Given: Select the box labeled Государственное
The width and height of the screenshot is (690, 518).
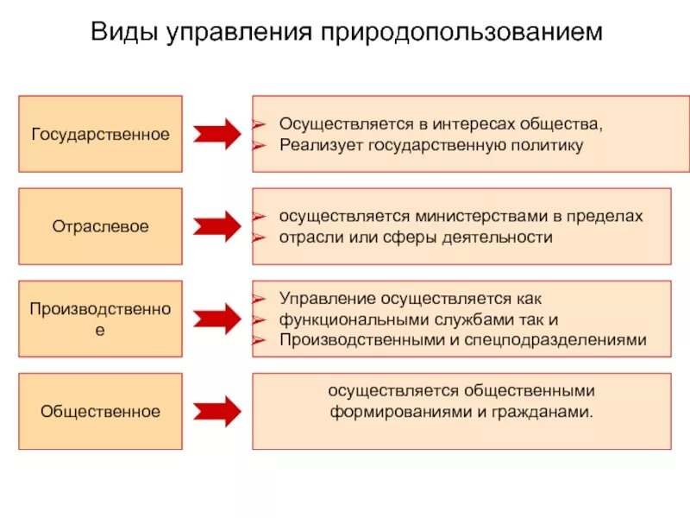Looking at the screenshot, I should coord(100,134).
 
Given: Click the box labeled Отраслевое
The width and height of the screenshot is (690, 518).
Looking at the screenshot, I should coord(100,226).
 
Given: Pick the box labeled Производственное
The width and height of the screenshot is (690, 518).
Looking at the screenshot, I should coord(100,319).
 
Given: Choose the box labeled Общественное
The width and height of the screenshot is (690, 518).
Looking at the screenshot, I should coord(100,411).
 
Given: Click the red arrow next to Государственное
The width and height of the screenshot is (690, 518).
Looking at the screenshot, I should coord(216,135).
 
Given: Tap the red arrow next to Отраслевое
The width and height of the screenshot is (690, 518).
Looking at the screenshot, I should coord(216,226).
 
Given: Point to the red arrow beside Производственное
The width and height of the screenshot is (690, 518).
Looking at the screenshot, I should coord(216,319).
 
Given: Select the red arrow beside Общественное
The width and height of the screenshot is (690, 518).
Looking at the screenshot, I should coord(216,411).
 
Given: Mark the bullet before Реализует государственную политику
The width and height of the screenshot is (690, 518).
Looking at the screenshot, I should coord(257,145).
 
